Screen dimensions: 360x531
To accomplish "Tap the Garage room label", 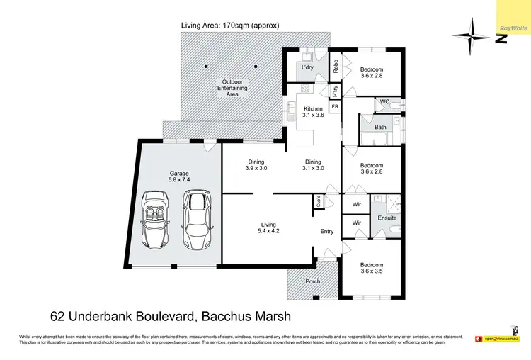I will (179, 176).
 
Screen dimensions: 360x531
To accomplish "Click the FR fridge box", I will (335, 106).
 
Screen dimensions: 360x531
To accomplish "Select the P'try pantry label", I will (335, 91).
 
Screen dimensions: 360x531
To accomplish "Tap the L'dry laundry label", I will (307, 67).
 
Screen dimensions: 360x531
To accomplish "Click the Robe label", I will (336, 67).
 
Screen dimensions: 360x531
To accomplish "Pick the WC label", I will (385, 102).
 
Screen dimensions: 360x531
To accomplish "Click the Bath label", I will (381, 128).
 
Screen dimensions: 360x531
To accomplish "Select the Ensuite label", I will (387, 218).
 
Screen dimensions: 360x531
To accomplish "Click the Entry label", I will (326, 232).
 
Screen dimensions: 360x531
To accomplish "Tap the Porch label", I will (312, 281).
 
